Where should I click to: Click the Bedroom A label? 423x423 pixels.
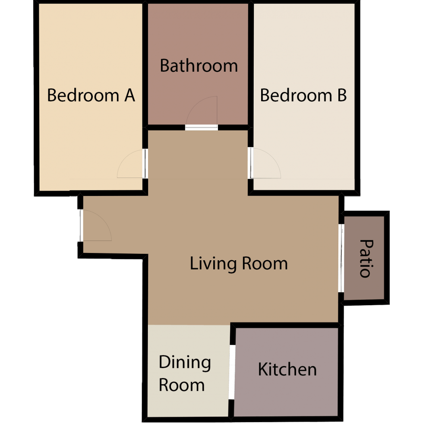pyautogui.click(x=91, y=95)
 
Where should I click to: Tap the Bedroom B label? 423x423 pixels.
pyautogui.click(x=303, y=95)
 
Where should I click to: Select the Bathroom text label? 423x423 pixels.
pyautogui.click(x=199, y=66)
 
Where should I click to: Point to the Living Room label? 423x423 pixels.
pyautogui.click(x=239, y=263)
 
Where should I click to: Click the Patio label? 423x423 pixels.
pyautogui.click(x=365, y=258)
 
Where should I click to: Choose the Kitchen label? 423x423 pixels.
pyautogui.click(x=287, y=369)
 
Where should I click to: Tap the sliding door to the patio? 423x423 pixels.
pyautogui.click(x=341, y=258)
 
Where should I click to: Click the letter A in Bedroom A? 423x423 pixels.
pyautogui.click(x=129, y=95)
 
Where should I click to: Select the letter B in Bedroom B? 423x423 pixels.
pyautogui.click(x=341, y=95)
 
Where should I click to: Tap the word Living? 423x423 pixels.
pyautogui.click(x=208, y=263)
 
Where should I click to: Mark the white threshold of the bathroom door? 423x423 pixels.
pyautogui.click(x=202, y=127)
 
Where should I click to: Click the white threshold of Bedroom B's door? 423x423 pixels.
pyautogui.click(x=251, y=163)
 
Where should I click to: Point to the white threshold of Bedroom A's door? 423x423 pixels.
pyautogui.click(x=146, y=164)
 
